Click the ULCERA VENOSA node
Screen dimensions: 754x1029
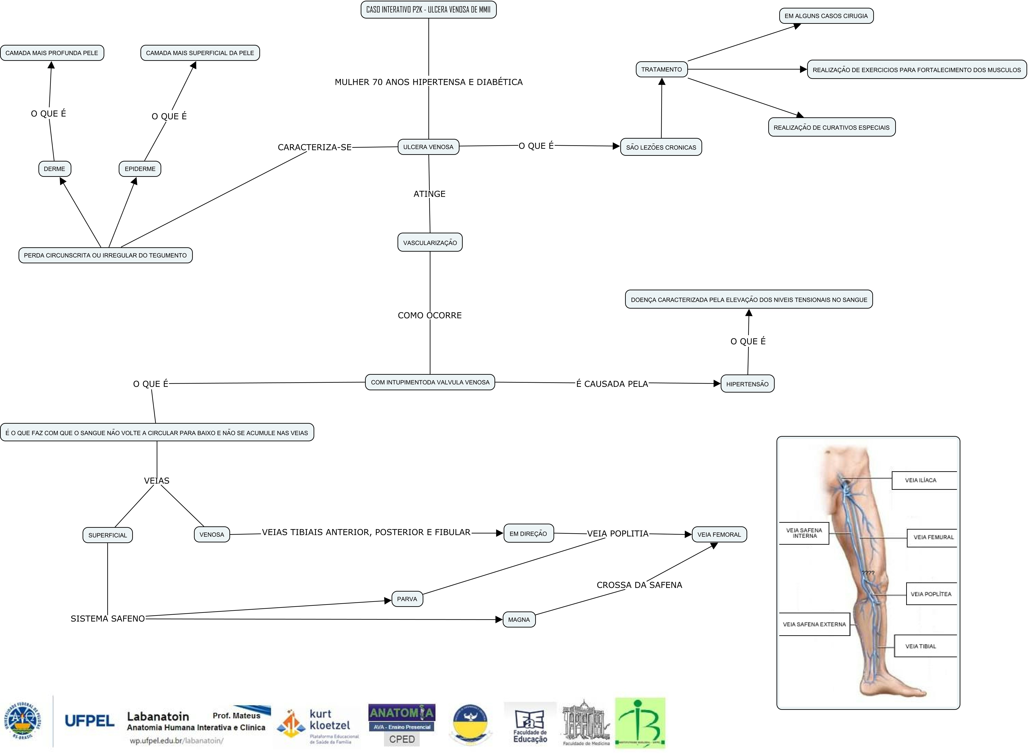click(428, 147)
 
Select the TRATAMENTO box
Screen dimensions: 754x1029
click(661, 69)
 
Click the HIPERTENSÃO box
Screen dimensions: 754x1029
click(747, 384)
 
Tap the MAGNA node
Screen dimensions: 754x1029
click(519, 619)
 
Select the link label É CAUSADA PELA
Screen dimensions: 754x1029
click(612, 384)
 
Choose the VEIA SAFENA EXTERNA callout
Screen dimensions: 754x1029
click(814, 624)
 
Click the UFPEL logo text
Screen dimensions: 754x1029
click(89, 722)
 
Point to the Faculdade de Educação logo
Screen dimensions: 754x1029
click(530, 725)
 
